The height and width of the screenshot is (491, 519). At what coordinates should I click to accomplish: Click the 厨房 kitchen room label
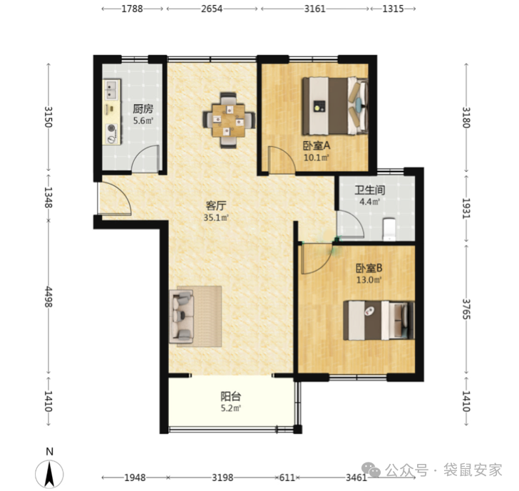click(143, 109)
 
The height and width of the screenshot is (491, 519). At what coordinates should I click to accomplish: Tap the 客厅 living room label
click(216, 206)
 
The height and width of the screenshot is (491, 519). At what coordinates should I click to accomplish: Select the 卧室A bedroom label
click(317, 145)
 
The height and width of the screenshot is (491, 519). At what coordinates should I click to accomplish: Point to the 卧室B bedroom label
click(369, 268)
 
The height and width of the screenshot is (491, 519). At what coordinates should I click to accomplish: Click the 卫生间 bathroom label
click(370, 190)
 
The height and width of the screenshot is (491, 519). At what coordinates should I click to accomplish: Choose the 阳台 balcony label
click(231, 396)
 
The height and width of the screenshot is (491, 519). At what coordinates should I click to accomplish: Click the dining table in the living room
click(229, 120)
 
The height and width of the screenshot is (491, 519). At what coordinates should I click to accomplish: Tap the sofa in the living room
click(181, 316)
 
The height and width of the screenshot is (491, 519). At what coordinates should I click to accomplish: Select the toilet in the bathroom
click(389, 229)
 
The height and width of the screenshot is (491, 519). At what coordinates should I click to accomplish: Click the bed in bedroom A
click(335, 106)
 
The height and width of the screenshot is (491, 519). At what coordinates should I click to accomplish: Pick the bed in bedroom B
click(379, 320)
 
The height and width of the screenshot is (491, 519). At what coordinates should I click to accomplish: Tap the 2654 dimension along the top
click(212, 9)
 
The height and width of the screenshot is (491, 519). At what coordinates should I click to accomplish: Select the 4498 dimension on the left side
click(48, 296)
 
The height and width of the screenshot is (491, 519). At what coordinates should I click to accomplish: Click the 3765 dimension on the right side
click(466, 309)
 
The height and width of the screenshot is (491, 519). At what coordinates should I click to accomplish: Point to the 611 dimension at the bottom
click(287, 477)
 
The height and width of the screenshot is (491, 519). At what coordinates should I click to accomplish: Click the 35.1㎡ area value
click(216, 218)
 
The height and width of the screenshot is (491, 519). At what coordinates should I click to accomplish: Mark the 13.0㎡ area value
click(369, 280)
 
